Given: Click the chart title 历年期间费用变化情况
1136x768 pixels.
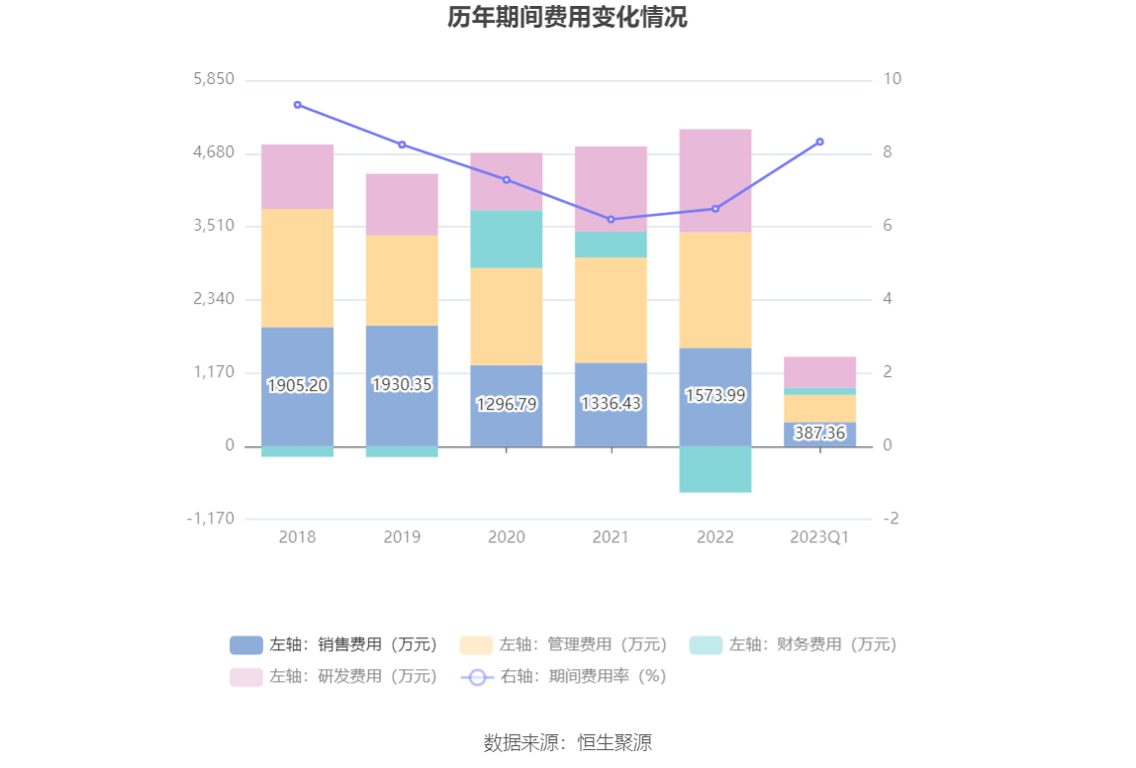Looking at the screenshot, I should pyautogui.click(x=567, y=18).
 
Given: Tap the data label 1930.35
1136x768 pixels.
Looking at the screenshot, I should pyautogui.click(x=402, y=384).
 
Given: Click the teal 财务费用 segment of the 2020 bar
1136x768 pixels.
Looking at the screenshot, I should pyautogui.click(x=507, y=239).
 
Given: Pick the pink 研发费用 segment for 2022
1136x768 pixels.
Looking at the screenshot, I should pyautogui.click(x=715, y=180).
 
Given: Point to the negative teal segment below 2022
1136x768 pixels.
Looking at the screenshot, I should pyautogui.click(x=715, y=469).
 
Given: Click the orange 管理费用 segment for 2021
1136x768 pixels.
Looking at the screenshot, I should pyautogui.click(x=611, y=310).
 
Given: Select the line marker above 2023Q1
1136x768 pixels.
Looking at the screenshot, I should pyautogui.click(x=820, y=142).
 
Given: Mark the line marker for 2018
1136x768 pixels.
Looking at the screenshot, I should pyautogui.click(x=298, y=105).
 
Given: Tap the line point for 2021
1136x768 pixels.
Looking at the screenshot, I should pyautogui.click(x=611, y=219).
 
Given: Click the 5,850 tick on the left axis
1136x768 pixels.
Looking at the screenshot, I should pyautogui.click(x=214, y=79).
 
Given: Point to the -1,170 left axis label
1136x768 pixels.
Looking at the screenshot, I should pyautogui.click(x=212, y=519).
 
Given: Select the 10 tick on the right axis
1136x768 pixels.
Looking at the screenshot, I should pyautogui.click(x=893, y=79).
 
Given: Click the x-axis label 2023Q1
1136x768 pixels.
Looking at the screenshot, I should pyautogui.click(x=819, y=537).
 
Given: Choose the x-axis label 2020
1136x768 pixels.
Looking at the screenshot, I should pyautogui.click(x=507, y=537).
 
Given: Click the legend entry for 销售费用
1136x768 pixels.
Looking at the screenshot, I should pyautogui.click(x=334, y=644).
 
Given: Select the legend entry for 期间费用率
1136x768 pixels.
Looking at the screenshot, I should pyautogui.click(x=564, y=676).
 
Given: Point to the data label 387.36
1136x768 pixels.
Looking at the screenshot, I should pyautogui.click(x=820, y=432).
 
